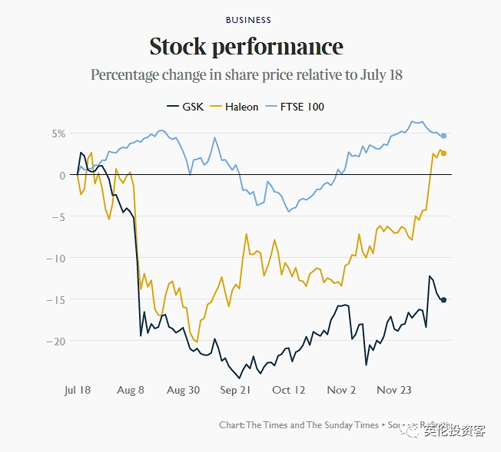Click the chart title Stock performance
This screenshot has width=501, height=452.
[246, 47]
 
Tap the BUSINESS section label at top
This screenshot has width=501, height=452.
[248, 20]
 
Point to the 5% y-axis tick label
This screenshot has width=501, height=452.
[59, 134]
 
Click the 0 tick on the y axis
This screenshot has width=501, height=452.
[63, 175]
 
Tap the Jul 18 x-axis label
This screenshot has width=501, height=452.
[77, 390]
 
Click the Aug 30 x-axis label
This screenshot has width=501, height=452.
[183, 390]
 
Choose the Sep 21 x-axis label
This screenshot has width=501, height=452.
[235, 390]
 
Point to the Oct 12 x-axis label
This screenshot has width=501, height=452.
[288, 390]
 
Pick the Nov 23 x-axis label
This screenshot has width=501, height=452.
[393, 390]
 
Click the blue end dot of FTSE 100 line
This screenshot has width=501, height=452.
[443, 136]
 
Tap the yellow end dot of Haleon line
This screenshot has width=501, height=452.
[443, 153]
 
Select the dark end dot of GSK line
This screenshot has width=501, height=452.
[443, 300]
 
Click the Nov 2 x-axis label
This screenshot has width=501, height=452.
[341, 390]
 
